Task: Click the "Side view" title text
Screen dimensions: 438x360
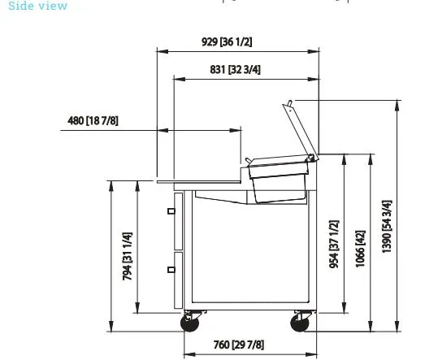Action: pos(38,6)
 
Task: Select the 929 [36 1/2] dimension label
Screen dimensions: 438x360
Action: pos(227,42)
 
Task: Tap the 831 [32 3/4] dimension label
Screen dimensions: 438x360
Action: pos(235,70)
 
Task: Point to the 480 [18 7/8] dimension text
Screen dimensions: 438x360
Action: pos(93,120)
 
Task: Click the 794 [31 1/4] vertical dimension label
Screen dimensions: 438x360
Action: pos(127,256)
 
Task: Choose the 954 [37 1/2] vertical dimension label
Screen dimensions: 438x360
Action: pos(334,244)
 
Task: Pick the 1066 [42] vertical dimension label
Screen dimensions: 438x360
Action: pos(360,249)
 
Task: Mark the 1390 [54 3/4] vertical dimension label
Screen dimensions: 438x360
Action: pos(387,227)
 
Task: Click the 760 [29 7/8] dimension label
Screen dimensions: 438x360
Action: pos(239,345)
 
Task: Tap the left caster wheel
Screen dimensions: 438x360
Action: pos(190,323)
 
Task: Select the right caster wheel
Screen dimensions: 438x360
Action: pos(300,323)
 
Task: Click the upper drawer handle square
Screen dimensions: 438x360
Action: pos(171,211)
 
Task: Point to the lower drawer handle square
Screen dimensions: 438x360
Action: pos(171,270)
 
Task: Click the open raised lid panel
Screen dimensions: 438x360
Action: pos(301,131)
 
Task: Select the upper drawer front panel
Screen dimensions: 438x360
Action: pos(179,221)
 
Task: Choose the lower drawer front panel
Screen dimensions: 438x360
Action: pos(179,280)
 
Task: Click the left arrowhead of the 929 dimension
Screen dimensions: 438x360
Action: pos(163,51)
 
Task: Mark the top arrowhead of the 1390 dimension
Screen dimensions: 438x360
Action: pos(397,106)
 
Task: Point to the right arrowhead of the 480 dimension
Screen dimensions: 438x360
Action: pos(235,130)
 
